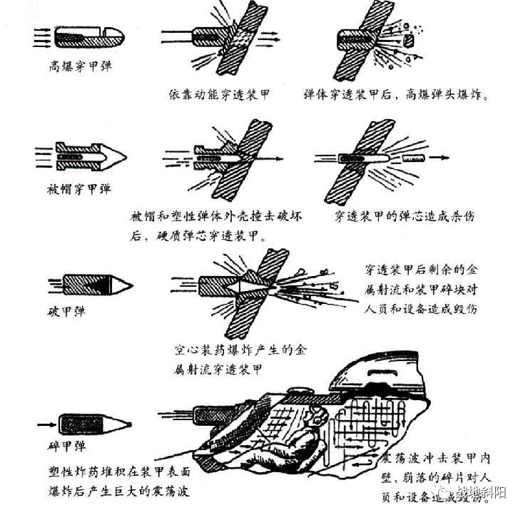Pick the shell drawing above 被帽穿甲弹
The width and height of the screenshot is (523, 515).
[x=81, y=155]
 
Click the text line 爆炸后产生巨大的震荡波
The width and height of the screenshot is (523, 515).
[x=115, y=491]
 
